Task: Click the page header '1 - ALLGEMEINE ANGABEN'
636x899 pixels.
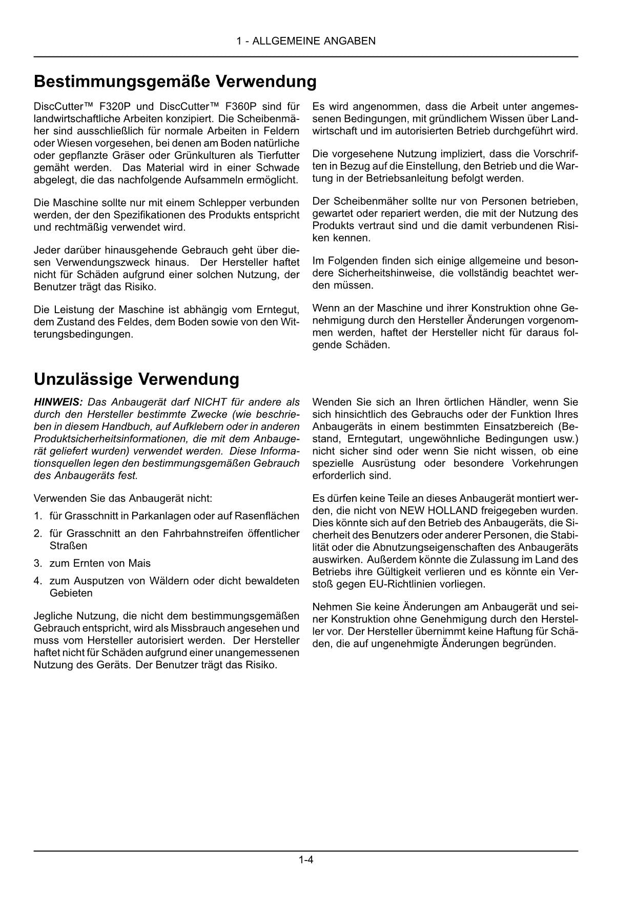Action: coord(306,41)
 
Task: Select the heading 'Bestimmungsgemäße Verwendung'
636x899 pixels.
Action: coord(175,81)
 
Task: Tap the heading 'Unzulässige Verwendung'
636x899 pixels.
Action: coord(136,379)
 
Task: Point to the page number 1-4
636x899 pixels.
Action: coord(306,860)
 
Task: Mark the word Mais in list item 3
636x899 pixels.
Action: coord(140,563)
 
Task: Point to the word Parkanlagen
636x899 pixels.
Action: coord(157,516)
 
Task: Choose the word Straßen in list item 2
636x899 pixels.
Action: coord(68,545)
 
